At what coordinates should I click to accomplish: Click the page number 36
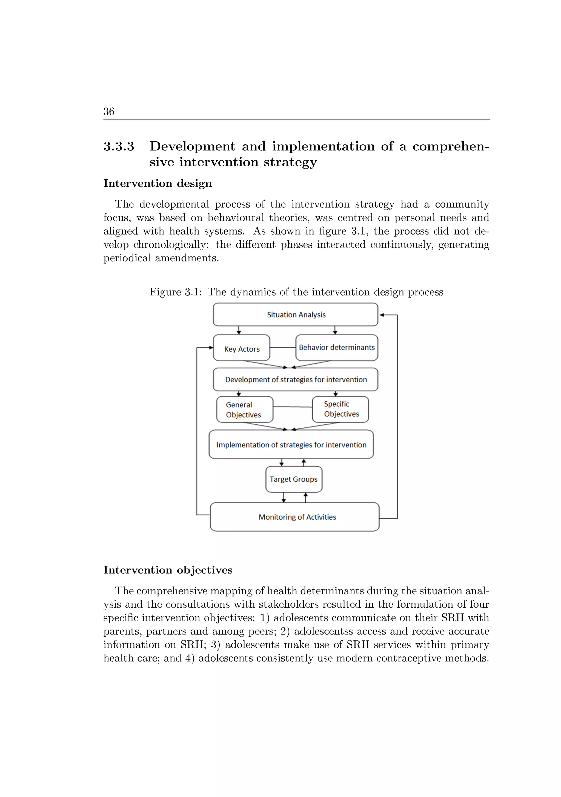(109, 112)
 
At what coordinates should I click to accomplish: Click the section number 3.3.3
(119, 147)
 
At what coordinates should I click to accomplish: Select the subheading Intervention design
(158, 183)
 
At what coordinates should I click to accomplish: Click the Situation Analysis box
(295, 315)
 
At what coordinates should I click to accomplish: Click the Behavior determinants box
(336, 347)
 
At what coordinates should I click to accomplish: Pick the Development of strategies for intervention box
(295, 379)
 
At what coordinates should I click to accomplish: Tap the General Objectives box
(244, 410)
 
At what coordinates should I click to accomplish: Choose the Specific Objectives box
(340, 409)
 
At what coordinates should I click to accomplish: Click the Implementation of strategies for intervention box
(291, 445)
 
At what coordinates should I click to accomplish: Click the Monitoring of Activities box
(295, 517)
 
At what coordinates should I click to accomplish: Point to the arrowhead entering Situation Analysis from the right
(382, 315)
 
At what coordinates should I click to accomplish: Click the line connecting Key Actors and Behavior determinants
(283, 347)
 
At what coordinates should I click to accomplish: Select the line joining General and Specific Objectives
(292, 407)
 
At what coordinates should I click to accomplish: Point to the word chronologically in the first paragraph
(171, 245)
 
